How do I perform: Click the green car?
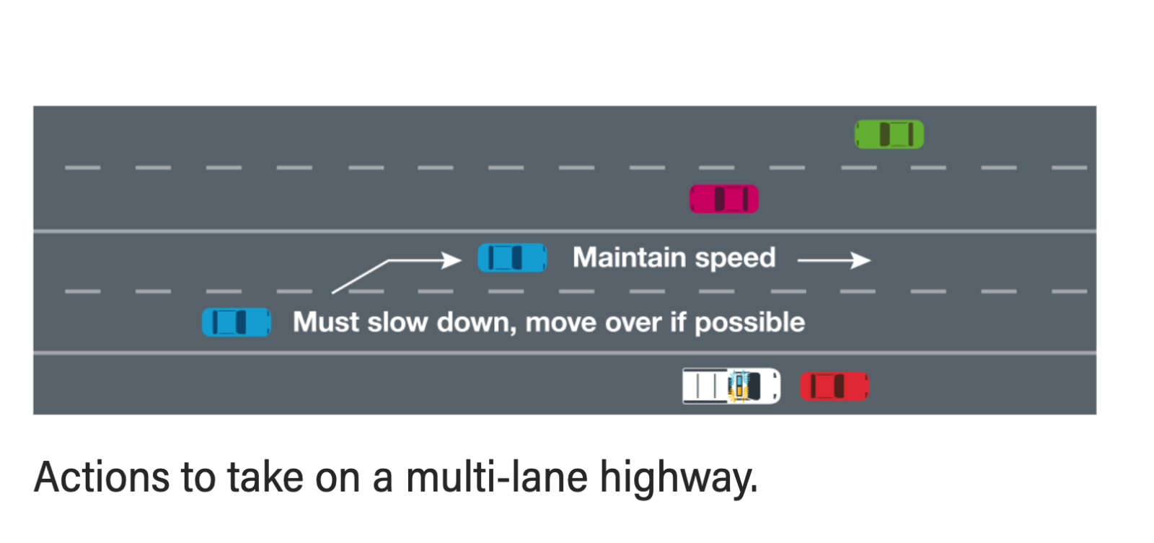(889, 134)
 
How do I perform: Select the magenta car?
(723, 199)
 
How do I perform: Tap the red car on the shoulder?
(834, 387)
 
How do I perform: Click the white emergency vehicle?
(731, 386)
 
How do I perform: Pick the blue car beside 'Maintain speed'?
(512, 257)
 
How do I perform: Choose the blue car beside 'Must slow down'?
(236, 322)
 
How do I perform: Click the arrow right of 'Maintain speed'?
(834, 260)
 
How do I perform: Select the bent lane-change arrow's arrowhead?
(452, 260)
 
